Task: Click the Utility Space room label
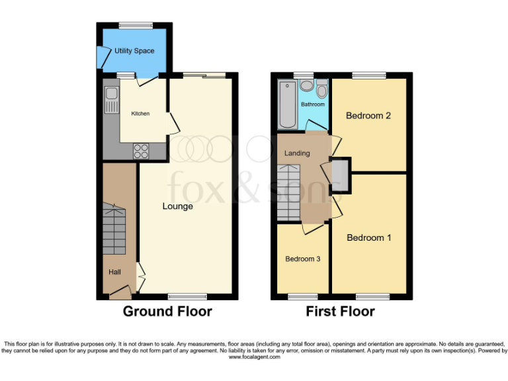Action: click(134, 51)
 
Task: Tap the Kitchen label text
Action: click(140, 114)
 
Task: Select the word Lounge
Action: click(178, 206)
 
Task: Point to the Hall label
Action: click(115, 271)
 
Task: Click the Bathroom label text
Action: click(313, 105)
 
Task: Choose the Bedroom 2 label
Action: click(368, 116)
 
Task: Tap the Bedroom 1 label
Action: click(368, 237)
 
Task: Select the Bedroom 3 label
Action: click(303, 259)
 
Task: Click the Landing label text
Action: click(297, 153)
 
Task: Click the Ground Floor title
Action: click(167, 312)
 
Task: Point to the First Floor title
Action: click(340, 312)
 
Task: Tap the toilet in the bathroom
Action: click(322, 89)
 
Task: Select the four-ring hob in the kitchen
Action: click(141, 151)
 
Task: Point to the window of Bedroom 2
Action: click(368, 75)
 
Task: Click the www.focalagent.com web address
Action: click(254, 357)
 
